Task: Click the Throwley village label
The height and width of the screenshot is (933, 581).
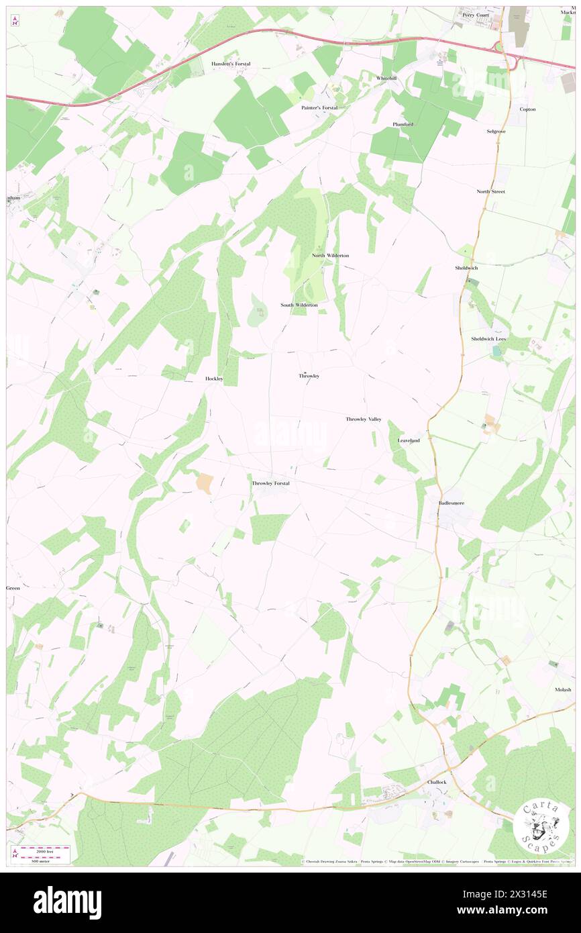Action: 309,376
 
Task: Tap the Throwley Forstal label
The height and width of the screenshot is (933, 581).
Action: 270,483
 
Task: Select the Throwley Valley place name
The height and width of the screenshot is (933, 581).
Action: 363,420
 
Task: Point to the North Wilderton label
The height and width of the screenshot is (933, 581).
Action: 330,256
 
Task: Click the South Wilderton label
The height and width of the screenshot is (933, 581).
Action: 299,305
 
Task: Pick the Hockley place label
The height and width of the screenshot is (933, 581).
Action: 214,379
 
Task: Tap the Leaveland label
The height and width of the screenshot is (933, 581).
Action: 409,440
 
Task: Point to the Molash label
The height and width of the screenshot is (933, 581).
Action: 563,689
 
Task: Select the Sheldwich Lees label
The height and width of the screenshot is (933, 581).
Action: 488,339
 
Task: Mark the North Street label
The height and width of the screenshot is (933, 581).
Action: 490,191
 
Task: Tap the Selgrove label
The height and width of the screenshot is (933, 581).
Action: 496,131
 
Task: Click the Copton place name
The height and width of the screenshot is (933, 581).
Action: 527,109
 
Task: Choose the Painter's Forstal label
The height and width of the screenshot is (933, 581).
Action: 319,107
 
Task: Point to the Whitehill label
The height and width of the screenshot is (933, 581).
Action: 386,79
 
